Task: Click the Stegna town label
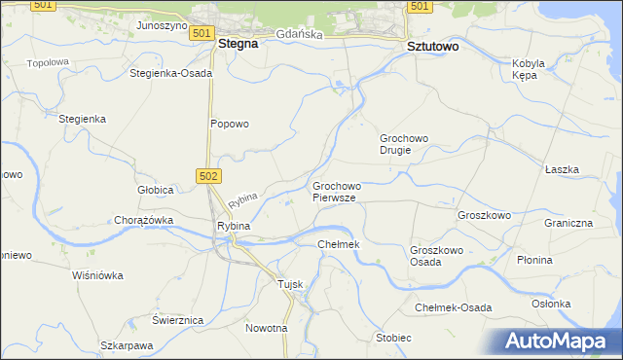238,43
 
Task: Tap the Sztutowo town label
431,46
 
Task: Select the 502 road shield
207,175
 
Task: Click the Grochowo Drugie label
404,144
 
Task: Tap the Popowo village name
230,124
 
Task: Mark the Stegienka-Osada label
170,73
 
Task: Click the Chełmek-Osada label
453,307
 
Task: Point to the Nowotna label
267,328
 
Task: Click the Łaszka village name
562,169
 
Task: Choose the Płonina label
562,260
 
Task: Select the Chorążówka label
143,220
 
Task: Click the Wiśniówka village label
97,275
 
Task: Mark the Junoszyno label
162,25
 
